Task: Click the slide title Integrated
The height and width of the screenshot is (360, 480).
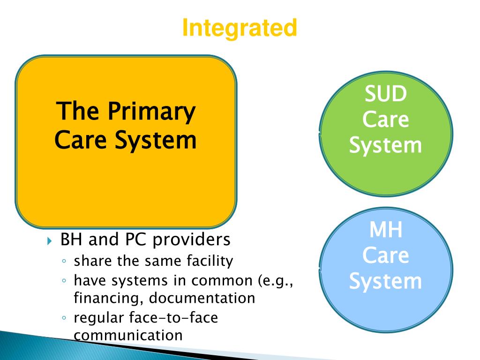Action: (x=240, y=28)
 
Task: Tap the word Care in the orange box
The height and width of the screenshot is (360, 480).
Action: (x=79, y=140)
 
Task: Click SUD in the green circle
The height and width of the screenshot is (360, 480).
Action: (x=386, y=94)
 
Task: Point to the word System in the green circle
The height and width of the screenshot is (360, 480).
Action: (x=386, y=145)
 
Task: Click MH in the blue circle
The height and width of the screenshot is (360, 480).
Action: (x=386, y=230)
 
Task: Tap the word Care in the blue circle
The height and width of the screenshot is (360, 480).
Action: (x=386, y=256)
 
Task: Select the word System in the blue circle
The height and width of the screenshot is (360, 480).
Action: (x=386, y=282)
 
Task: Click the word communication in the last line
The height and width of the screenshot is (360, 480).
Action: (x=128, y=335)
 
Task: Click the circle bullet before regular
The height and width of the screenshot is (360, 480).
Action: (x=64, y=318)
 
